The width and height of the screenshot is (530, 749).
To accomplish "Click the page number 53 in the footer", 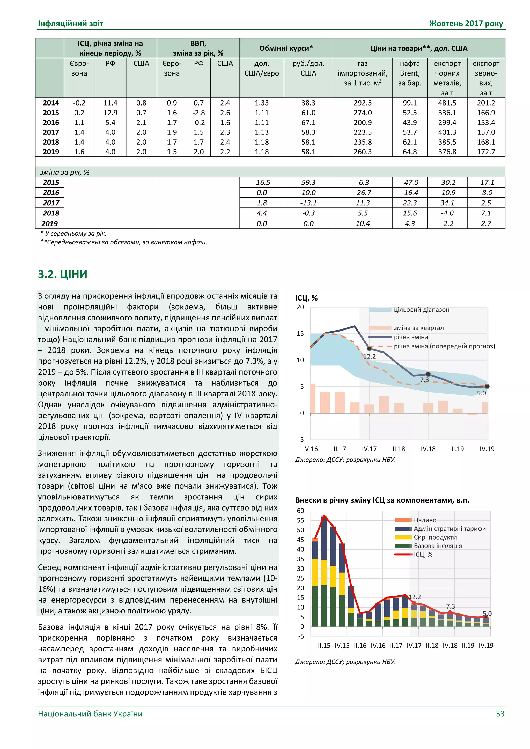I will click(500, 714).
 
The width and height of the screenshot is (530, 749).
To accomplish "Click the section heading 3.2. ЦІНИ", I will click(63, 274).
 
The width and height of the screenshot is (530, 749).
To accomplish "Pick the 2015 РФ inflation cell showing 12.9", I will click(110, 113).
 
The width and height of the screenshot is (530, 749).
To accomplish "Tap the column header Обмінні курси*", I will click(286, 48).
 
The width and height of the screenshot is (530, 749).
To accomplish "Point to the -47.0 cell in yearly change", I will click(410, 182).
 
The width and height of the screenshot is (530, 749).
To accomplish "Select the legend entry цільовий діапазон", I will click(421, 310).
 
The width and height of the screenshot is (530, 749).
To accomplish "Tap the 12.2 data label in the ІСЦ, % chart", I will click(370, 356).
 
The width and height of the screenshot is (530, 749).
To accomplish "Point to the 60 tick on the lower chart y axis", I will click(300, 511).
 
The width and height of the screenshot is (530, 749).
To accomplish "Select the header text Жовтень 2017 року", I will click(466, 24).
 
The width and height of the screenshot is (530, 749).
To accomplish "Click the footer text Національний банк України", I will click(90, 714).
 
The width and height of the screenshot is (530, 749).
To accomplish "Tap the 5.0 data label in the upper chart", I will click(481, 393).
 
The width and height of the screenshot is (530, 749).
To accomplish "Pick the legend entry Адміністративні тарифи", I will click(450, 529).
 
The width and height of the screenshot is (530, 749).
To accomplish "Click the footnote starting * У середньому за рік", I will click(73, 233).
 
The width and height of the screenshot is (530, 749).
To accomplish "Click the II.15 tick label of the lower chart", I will click(324, 645).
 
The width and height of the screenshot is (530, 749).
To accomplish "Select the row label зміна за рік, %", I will click(65, 172).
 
